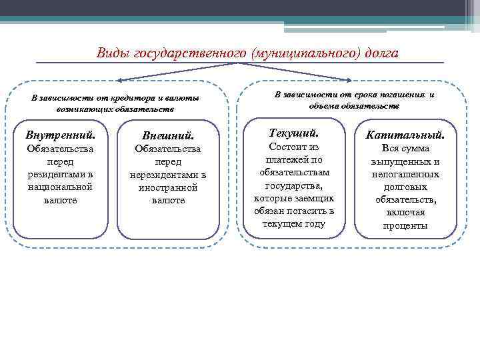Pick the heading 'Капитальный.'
coord(405,135)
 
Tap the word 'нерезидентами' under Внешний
coord(168,175)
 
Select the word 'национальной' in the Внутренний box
coord(60,187)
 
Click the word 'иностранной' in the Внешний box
coord(168,187)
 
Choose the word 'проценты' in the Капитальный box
coord(405,225)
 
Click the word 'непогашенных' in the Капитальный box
coord(405,174)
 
